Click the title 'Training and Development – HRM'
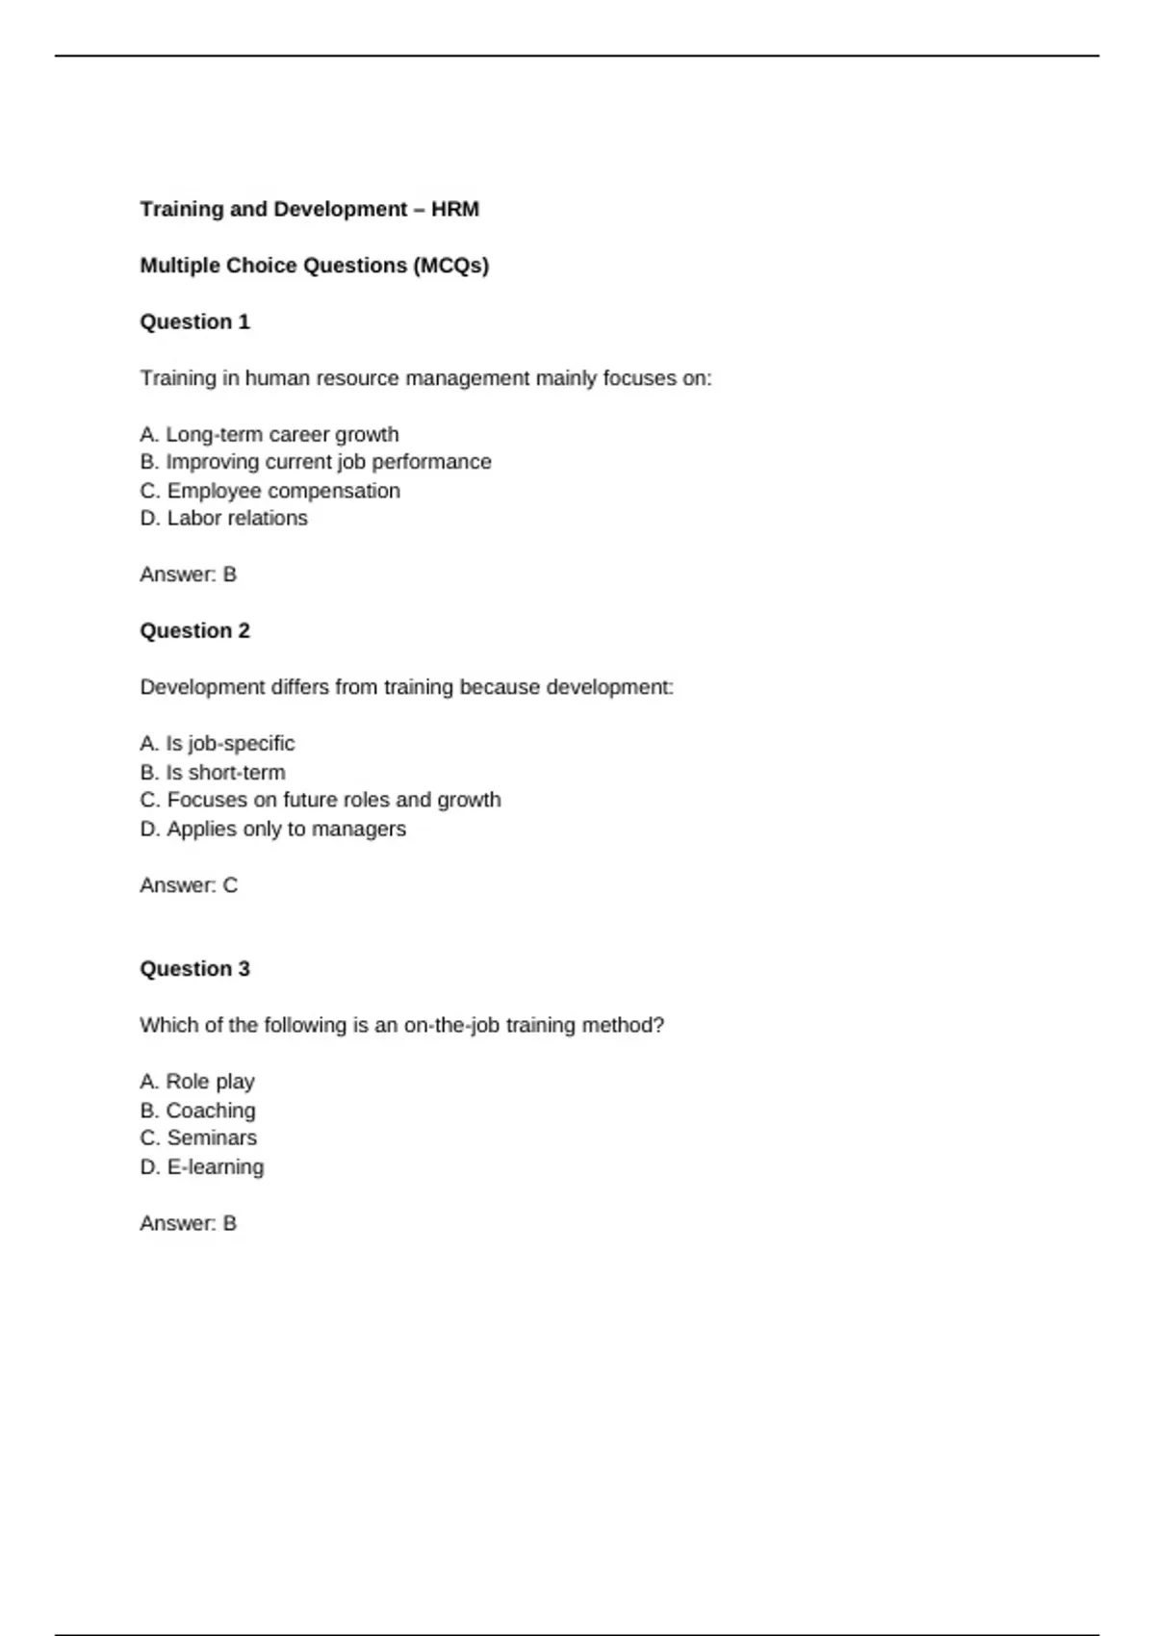pyautogui.click(x=309, y=209)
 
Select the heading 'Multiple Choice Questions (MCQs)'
pyautogui.click(x=314, y=266)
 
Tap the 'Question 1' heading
pyautogui.click(x=194, y=321)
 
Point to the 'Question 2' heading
pyautogui.click(x=194, y=630)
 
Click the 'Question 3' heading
pyautogui.click(x=194, y=968)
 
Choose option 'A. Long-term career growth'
pyautogui.click(x=269, y=434)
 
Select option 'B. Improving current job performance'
pyautogui.click(x=316, y=462)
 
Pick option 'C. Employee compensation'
pyautogui.click(x=269, y=491)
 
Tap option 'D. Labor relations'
pyautogui.click(x=223, y=518)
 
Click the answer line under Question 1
pyautogui.click(x=188, y=575)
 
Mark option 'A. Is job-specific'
pyautogui.click(x=217, y=743)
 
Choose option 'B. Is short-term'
pyautogui.click(x=212, y=772)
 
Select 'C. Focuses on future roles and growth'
pyautogui.click(x=320, y=800)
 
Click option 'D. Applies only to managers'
pyautogui.click(x=272, y=829)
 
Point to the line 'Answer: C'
pyautogui.click(x=188, y=885)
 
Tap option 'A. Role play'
pyautogui.click(x=196, y=1082)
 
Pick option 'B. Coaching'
pyautogui.click(x=197, y=1111)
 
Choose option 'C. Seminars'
pyautogui.click(x=198, y=1138)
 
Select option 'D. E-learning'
pyautogui.click(x=201, y=1166)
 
